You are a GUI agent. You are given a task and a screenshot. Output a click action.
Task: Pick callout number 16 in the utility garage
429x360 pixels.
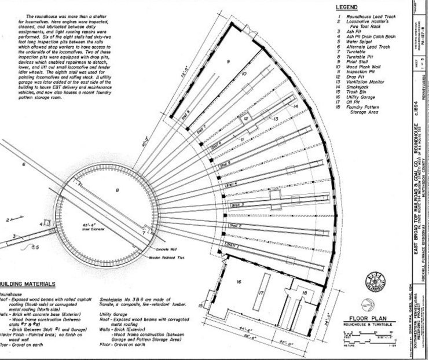coord(238,282)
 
